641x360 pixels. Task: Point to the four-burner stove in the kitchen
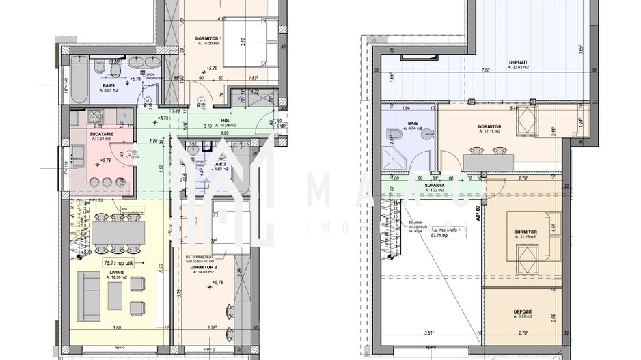[x=94, y=116]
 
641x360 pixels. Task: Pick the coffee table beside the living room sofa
[x=115, y=295]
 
